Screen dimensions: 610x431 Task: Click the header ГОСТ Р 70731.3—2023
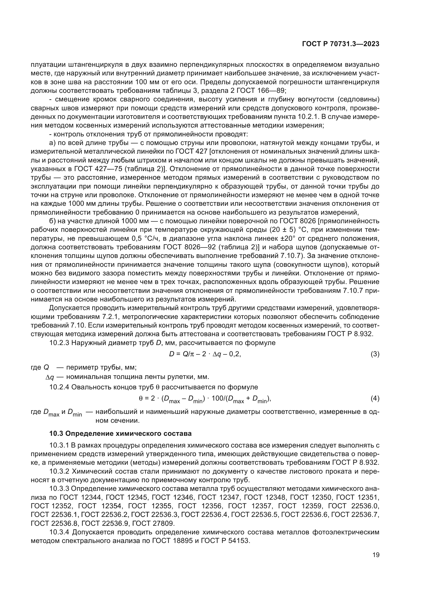point(341,44)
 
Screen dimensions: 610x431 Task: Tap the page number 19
point(376,555)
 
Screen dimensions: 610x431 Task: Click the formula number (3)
point(375,354)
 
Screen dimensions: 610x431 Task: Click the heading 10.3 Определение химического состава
point(120,434)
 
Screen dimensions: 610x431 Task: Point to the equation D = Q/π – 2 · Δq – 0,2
point(205,354)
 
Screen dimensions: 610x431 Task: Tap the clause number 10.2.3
point(59,343)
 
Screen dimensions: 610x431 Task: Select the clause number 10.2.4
point(59,387)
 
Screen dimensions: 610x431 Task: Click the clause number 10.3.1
point(59,445)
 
